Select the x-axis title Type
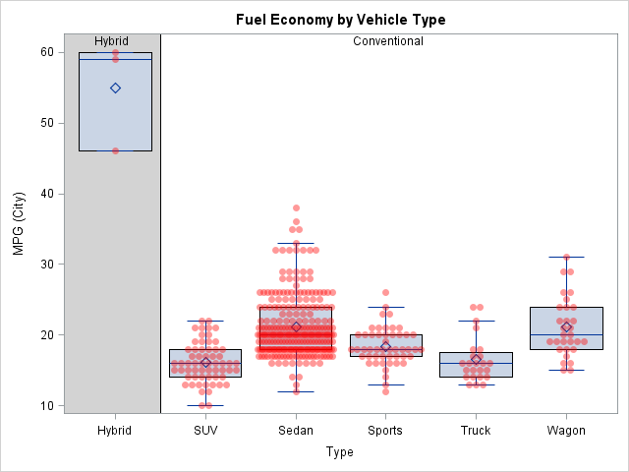click(x=339, y=452)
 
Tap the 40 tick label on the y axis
click(x=46, y=194)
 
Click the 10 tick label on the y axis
click(x=46, y=405)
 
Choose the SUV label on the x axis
click(x=205, y=431)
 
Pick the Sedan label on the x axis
click(x=296, y=431)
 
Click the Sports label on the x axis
click(x=385, y=431)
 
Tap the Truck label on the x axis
click(x=476, y=431)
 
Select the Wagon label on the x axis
click(x=566, y=431)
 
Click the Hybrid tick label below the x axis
click(x=115, y=431)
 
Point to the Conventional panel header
click(x=388, y=41)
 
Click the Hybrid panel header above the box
click(x=112, y=41)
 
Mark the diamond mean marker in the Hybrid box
click(x=115, y=88)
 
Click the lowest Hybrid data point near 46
click(x=115, y=150)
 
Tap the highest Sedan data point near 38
click(x=296, y=207)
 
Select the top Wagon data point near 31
click(x=566, y=258)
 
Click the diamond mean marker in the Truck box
click(x=476, y=359)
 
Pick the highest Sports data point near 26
click(x=385, y=292)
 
